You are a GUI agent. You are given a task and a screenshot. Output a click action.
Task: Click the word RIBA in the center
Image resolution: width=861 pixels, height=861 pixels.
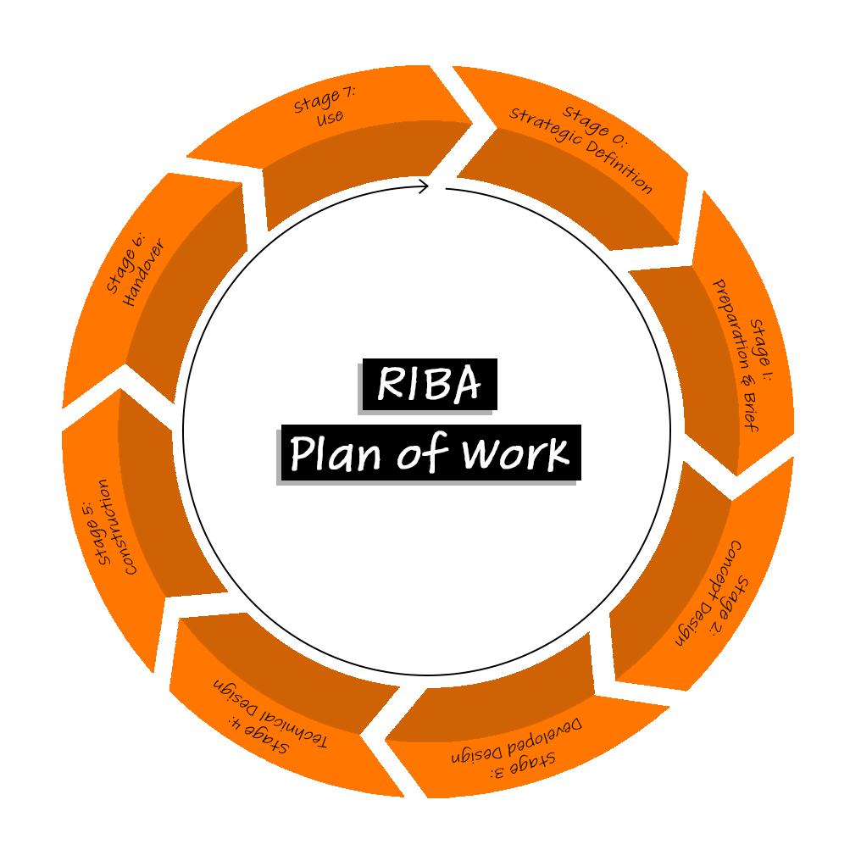429,384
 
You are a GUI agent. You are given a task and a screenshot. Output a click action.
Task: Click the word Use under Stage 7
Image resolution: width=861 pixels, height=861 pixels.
331,118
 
